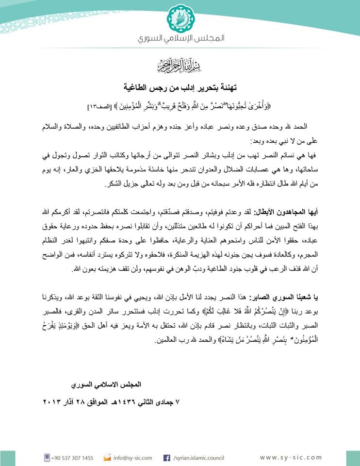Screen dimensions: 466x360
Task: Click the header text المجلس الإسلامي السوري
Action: [180, 38]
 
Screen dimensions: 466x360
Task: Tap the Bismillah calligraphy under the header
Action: [180, 64]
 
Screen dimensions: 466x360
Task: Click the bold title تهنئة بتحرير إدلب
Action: [180, 89]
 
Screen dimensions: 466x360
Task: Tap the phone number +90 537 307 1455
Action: [74, 457]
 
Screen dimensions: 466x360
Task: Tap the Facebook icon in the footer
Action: [166, 457]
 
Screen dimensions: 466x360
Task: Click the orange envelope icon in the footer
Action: [107, 457]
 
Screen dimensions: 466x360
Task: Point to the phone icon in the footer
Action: [47, 457]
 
